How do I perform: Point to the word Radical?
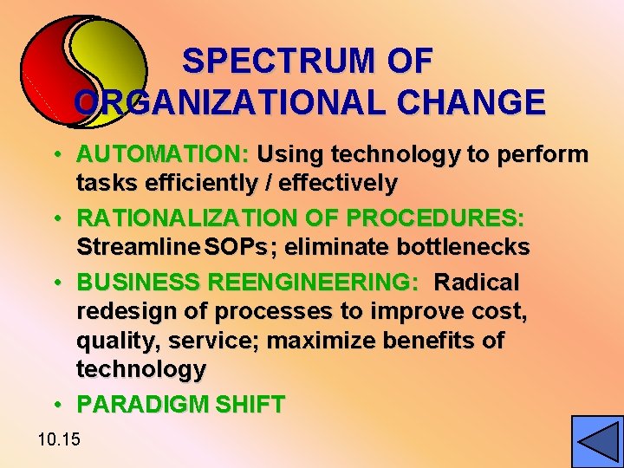tap(477, 283)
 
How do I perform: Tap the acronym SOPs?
tap(232, 247)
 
